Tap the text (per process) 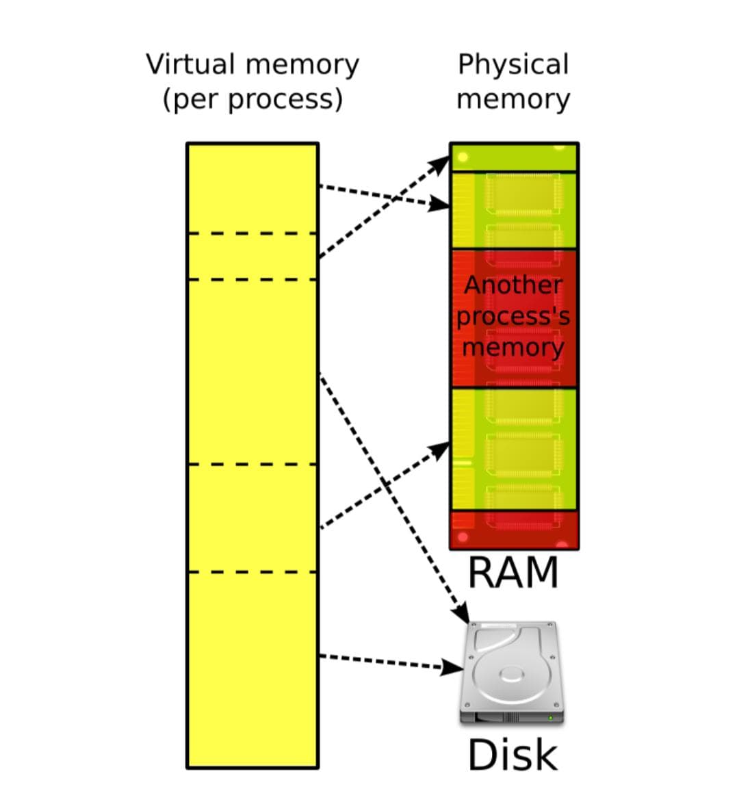click(252, 99)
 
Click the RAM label click(513, 573)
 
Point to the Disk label click(513, 755)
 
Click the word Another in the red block click(513, 285)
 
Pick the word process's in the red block click(513, 316)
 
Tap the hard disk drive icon click(512, 672)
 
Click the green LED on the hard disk click(550, 718)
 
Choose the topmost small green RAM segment click(514, 157)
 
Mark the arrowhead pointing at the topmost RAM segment click(441, 164)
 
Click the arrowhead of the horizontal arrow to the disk click(453, 666)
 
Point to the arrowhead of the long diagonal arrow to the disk click(461, 612)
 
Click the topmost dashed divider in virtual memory click(252, 233)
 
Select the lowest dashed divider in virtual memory click(252, 572)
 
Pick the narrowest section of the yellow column click(252, 257)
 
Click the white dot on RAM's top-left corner click(463, 157)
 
